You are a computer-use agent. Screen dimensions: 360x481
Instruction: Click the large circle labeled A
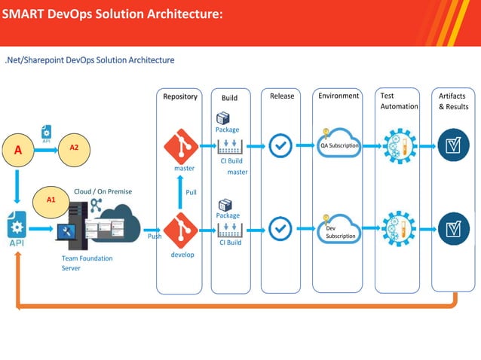pyautogui.click(x=18, y=149)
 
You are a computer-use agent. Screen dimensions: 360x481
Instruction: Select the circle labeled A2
pyautogui.click(x=75, y=148)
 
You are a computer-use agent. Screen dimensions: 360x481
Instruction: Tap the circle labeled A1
pyautogui.click(x=51, y=200)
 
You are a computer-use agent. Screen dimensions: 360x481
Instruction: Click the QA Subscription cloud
pyautogui.click(x=339, y=145)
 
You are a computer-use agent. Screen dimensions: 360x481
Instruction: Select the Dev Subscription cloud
pyautogui.click(x=339, y=230)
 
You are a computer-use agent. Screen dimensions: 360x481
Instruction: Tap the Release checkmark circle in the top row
pyautogui.click(x=280, y=145)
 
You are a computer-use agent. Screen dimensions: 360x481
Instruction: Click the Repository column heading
pyautogui.click(x=181, y=96)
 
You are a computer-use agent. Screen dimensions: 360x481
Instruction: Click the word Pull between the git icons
pyautogui.click(x=191, y=192)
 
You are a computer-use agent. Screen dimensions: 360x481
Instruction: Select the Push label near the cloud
pyautogui.click(x=155, y=236)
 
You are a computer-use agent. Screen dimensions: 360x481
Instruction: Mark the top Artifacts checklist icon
pyautogui.click(x=452, y=145)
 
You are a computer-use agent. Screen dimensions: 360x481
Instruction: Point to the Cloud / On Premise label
pyautogui.click(x=103, y=191)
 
